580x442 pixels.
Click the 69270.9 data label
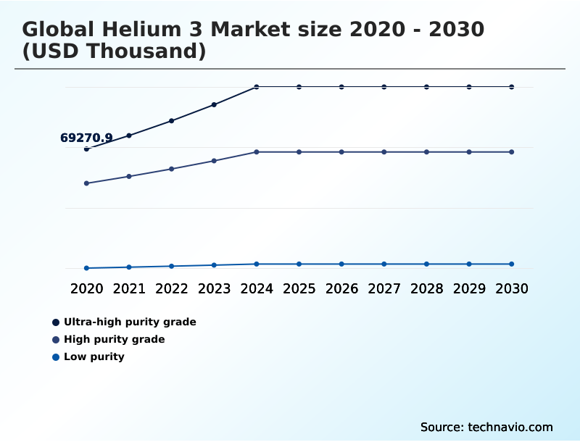coord(86,138)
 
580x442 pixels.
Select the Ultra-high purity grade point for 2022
coord(172,121)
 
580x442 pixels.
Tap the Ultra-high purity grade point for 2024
coord(257,87)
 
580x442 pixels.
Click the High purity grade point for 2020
coord(87,183)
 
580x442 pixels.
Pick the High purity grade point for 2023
coord(214,160)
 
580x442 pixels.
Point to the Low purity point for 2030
coord(511,264)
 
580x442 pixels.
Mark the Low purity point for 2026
coord(341,264)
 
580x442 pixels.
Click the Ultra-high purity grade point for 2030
coord(511,87)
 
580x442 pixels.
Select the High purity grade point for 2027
coord(384,152)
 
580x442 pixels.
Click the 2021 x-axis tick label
coord(129,288)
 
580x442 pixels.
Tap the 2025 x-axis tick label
coord(299,288)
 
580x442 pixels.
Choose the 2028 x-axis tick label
coord(426,288)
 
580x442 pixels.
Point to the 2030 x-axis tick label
coord(511,288)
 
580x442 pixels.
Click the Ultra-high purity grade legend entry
coord(129,322)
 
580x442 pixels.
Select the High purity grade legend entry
coord(114,339)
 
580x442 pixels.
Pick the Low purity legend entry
coord(94,356)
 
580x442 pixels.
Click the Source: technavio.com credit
coord(486,427)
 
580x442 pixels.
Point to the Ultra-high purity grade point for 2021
coord(129,135)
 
